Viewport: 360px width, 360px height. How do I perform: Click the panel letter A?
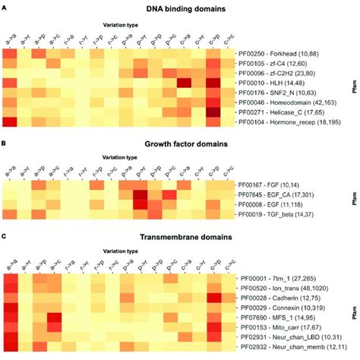(5, 6)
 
